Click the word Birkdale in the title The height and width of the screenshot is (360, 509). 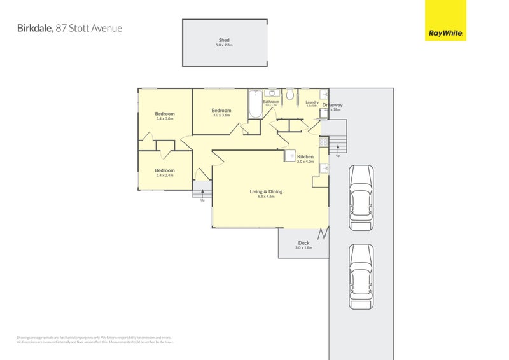(34, 28)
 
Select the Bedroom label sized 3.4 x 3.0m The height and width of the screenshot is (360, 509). (165, 114)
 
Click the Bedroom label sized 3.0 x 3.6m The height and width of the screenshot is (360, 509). (221, 110)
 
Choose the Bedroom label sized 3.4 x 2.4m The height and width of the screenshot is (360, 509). (165, 170)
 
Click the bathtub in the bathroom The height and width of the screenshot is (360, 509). (255, 106)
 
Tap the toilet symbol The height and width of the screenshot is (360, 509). (289, 95)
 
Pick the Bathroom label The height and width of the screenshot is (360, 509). (272, 102)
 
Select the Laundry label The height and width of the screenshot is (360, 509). (312, 102)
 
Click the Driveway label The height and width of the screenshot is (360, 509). (332, 105)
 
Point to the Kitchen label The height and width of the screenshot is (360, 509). (305, 156)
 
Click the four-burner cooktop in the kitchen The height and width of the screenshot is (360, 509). (324, 142)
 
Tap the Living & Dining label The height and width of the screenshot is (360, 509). (266, 191)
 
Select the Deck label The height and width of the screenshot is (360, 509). (303, 242)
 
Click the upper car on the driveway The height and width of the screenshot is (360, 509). (361, 197)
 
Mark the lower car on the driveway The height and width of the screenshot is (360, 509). (361, 276)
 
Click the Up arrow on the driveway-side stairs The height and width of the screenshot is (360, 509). (337, 149)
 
